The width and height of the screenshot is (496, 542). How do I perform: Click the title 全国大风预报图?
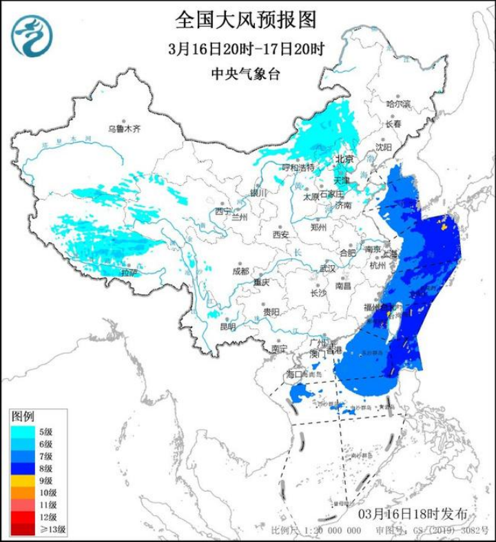pos(246,21)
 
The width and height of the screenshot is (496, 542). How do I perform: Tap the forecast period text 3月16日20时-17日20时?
pos(246,50)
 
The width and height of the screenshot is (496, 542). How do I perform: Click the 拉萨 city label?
pos(129,273)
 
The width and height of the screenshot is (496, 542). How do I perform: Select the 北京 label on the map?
pos(344,159)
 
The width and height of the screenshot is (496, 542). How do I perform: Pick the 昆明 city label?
pos(227,326)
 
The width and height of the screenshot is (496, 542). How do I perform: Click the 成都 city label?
pos(240,271)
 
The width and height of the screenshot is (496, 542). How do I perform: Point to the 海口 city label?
pos(295,374)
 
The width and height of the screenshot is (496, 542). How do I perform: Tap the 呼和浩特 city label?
pos(298,167)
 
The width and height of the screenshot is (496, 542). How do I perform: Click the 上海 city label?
pos(391,253)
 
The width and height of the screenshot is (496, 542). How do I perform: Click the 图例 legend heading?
pos(23,417)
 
